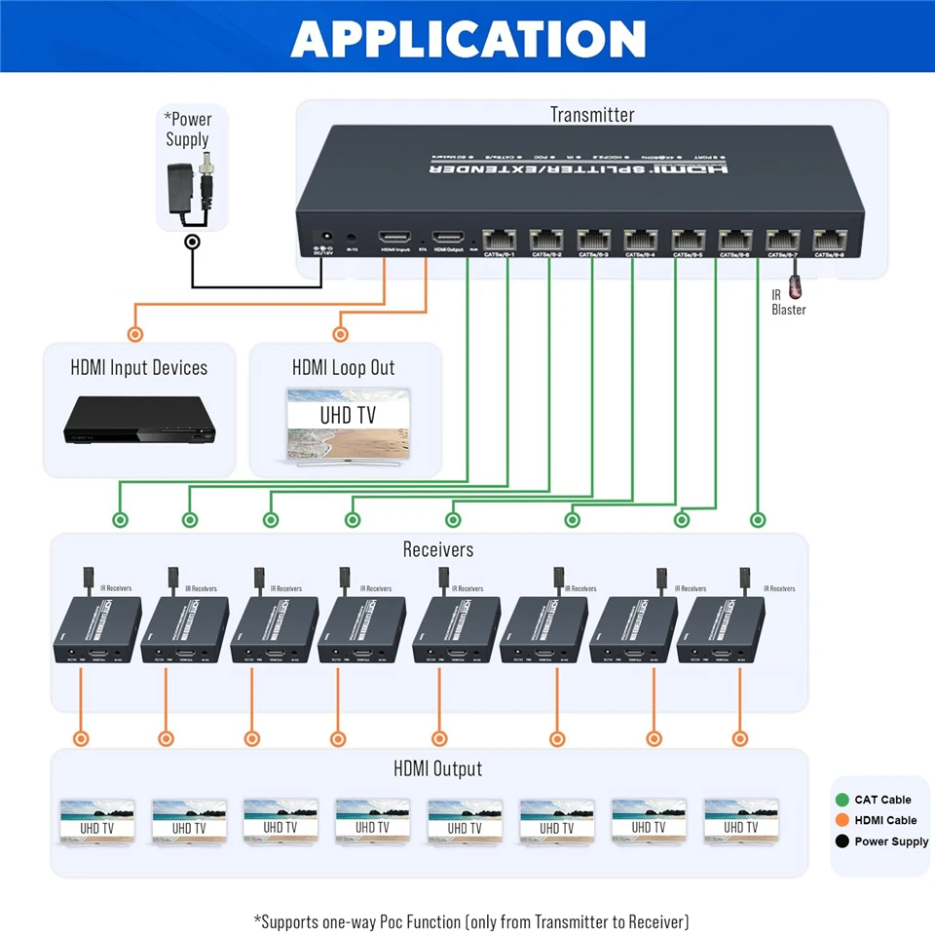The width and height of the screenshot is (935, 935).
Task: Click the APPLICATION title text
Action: click(x=467, y=38)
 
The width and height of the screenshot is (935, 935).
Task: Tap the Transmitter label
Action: click(x=591, y=115)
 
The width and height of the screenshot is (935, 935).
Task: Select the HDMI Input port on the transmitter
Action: click(x=395, y=238)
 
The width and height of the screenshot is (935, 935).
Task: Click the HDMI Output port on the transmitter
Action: click(x=449, y=238)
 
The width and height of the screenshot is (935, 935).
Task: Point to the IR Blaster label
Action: click(x=789, y=303)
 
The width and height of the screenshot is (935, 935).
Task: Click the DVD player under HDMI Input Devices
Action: click(x=139, y=421)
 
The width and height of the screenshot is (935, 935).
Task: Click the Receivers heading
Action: click(x=438, y=549)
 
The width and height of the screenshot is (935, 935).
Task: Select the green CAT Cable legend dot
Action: click(x=842, y=800)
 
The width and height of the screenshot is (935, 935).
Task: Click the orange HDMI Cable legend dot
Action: click(x=842, y=820)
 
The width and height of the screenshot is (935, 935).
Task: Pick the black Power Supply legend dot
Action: click(x=842, y=841)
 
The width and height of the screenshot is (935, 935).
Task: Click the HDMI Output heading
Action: click(x=438, y=768)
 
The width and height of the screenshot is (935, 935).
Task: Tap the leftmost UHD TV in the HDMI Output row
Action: click(x=96, y=822)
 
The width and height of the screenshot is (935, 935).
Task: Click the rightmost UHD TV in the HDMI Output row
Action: click(x=740, y=822)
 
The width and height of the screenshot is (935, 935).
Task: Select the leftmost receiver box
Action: click(x=96, y=631)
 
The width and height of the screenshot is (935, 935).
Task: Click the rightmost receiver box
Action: click(x=730, y=631)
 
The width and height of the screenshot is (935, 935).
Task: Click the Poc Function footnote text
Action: click(x=471, y=921)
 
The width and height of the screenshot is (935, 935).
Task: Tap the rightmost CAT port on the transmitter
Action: click(x=830, y=239)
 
